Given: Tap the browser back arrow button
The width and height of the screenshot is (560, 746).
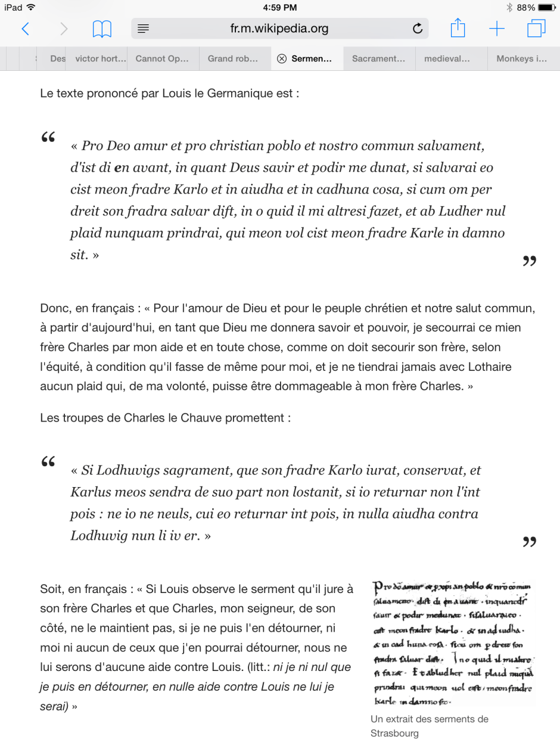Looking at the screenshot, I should pos(25,29).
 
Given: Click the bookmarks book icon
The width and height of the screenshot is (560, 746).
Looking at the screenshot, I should pos(102,29).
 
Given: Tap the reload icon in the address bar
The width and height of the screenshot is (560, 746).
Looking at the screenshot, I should pos(418,29).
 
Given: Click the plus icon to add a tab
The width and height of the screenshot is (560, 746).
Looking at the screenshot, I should pos(496,29).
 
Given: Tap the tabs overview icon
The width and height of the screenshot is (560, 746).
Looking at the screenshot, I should pos(536,29).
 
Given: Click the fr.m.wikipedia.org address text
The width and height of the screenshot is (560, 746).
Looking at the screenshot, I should pos(279,29).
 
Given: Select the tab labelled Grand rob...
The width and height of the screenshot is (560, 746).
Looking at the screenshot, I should pos(233,59).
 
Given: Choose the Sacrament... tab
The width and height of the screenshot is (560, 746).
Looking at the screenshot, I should pos(378,59).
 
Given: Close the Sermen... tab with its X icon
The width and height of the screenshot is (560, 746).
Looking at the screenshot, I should pos(282,59).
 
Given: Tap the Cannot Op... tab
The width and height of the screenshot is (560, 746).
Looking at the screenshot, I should pos(162,59).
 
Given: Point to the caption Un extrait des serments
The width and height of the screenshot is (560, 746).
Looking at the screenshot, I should pos(429,719).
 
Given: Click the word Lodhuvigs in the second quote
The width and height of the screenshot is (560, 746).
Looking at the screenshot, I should pos(123,471).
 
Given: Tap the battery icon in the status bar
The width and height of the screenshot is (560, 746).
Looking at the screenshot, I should pos(546,8).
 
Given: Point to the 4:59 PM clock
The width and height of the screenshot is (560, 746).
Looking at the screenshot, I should pos(279,8).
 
